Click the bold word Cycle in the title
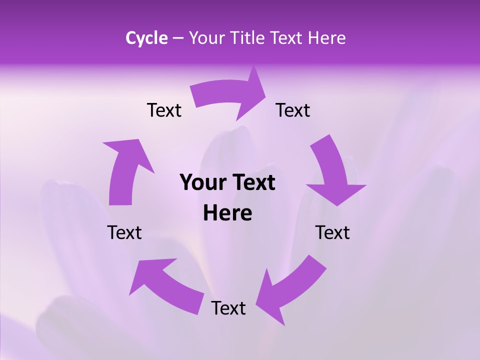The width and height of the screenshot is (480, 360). tap(146, 38)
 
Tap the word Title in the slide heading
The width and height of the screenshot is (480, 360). tap(247, 38)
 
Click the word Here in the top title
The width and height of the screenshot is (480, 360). tap(326, 38)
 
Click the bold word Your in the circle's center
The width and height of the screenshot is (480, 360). tap(201, 183)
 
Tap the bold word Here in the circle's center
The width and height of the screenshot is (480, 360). tap(227, 213)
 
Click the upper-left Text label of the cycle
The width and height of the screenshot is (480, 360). tap(164, 110)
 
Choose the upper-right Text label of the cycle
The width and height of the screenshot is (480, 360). tap(293, 110)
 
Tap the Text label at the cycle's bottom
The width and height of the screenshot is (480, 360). tap(228, 308)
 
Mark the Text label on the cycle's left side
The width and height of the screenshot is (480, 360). tap(124, 232)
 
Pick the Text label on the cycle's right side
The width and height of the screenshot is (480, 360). tap(332, 232)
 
